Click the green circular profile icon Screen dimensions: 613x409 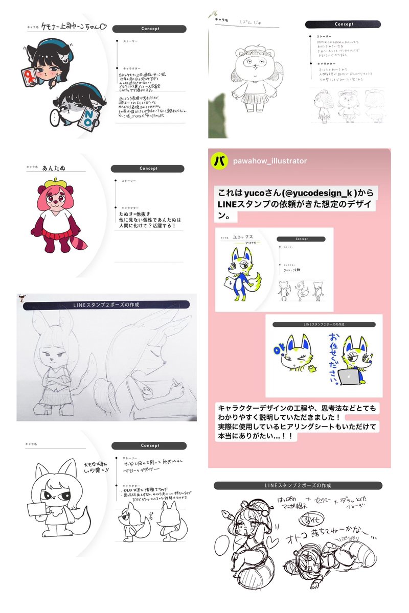tap(219, 160)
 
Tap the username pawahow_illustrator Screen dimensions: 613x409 tap(270, 161)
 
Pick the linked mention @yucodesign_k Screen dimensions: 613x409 tap(318, 193)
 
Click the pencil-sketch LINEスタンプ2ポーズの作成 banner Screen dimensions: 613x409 tap(106, 305)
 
